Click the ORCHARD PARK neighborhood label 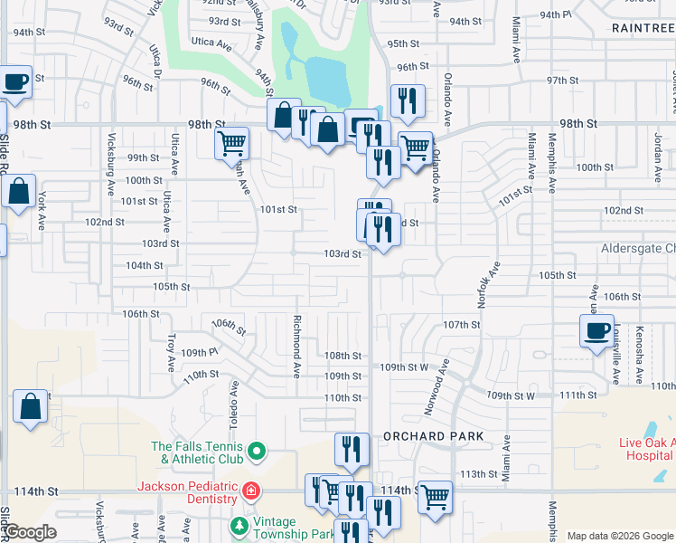[433, 436]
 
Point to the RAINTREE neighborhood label [643, 28]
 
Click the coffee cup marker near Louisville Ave [596, 332]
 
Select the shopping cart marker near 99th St [232, 142]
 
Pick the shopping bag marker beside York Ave [18, 192]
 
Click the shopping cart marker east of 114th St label [435, 496]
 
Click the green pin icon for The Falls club [256, 450]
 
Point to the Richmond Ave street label [296, 346]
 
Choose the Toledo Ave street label [233, 400]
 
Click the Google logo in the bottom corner [31, 533]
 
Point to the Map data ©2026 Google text [621, 536]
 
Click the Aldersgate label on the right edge [638, 248]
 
